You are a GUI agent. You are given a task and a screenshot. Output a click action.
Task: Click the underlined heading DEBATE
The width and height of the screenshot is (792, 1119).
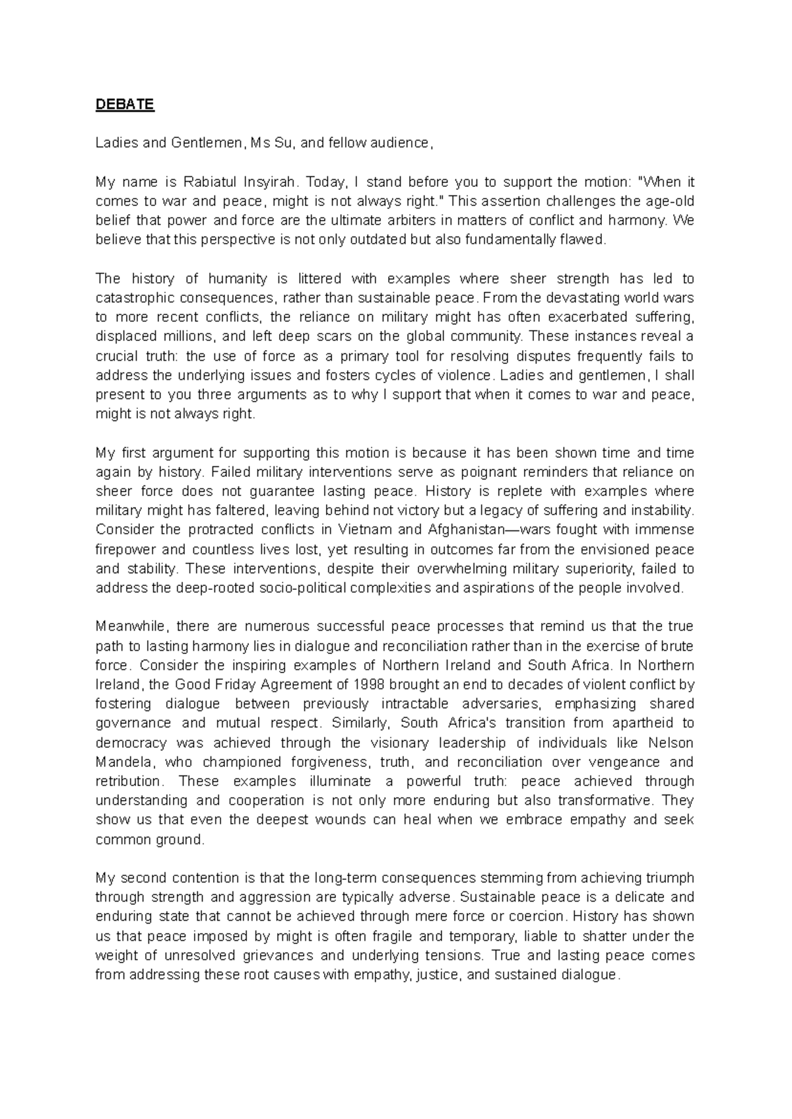125,105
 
